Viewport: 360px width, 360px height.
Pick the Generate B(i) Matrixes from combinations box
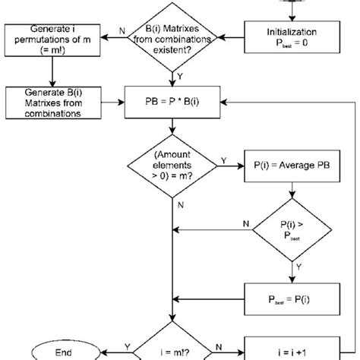[51, 101]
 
